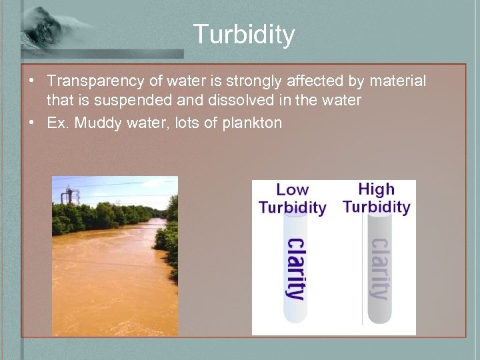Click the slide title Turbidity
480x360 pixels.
tap(244, 35)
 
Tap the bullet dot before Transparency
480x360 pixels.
tap(31, 81)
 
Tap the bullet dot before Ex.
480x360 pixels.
tap(31, 123)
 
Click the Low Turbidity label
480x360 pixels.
tap(292, 199)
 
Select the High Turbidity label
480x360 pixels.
tap(376, 198)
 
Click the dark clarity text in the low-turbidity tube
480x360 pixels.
tap(294, 268)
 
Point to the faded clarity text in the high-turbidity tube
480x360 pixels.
tap(378, 268)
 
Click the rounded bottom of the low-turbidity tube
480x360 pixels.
tap(294, 315)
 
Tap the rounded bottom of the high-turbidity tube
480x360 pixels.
tap(378, 315)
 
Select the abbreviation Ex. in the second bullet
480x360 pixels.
tap(57, 123)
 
